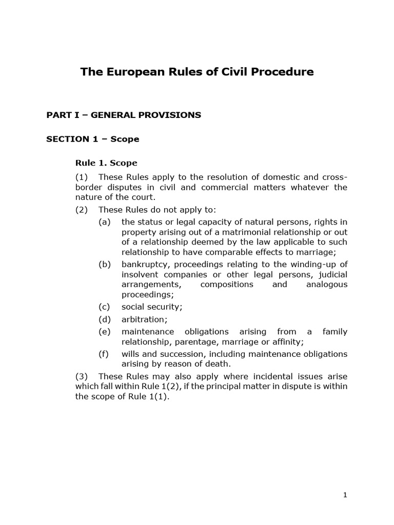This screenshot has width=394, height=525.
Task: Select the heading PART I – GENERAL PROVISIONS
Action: click(124, 115)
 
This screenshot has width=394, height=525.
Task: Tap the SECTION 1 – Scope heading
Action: click(93, 139)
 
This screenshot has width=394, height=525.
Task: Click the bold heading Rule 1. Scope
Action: click(106, 163)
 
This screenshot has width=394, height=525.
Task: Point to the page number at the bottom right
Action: click(345, 495)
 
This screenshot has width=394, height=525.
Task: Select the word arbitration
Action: click(143, 319)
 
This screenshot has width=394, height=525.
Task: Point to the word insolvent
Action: click(140, 274)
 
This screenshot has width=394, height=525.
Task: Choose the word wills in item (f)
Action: click(130, 354)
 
